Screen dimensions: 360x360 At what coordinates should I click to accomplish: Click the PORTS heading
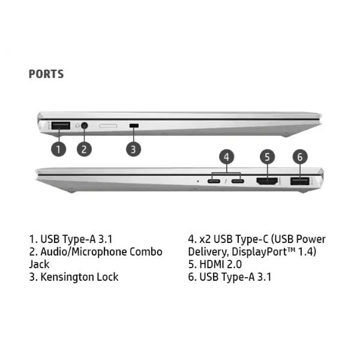click(x=46, y=74)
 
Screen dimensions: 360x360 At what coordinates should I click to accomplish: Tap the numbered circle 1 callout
click(x=58, y=149)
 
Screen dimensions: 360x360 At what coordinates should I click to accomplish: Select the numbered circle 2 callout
click(x=84, y=149)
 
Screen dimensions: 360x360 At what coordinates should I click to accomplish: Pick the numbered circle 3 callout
click(x=133, y=149)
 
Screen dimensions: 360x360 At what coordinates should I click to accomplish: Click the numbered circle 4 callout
click(x=227, y=157)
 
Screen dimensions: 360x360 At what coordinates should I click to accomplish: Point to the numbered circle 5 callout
click(x=267, y=157)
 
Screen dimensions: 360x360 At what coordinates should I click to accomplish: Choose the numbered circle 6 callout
click(x=300, y=157)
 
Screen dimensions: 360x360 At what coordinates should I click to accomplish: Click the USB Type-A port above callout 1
click(x=61, y=125)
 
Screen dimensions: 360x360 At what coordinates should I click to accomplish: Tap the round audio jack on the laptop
click(x=85, y=125)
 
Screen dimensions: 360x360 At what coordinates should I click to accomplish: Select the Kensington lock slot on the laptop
click(x=134, y=125)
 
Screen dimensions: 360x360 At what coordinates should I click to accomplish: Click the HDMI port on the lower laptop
click(x=267, y=181)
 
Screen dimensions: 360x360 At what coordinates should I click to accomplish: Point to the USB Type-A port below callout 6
click(x=299, y=181)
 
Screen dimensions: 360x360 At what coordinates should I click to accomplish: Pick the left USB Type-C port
click(x=214, y=181)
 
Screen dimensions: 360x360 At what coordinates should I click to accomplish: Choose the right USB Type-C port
click(x=238, y=181)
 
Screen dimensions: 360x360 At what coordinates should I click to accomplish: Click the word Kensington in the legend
click(x=67, y=277)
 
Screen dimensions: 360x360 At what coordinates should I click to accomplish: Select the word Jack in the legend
click(x=39, y=265)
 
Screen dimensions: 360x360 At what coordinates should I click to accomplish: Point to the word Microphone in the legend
click(x=99, y=252)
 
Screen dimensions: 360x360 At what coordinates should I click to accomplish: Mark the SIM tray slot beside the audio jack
click(x=108, y=126)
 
